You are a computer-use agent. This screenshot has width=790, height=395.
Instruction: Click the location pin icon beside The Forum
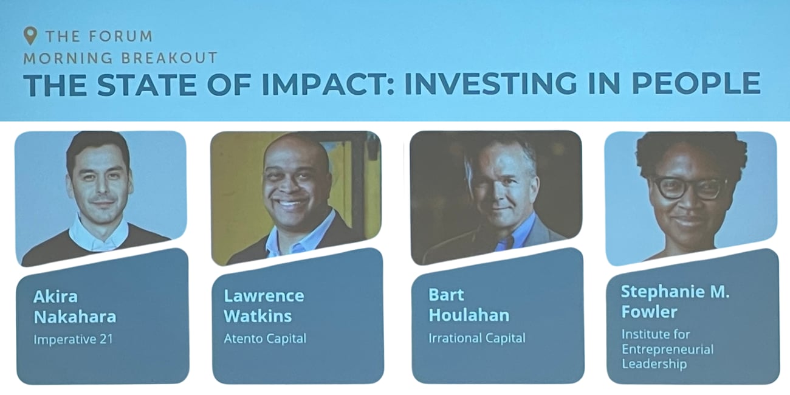(30, 36)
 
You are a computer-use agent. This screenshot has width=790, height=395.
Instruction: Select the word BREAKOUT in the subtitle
(170, 58)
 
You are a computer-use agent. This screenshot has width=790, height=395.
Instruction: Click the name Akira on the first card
(55, 297)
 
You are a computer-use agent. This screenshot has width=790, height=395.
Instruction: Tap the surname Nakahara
(75, 317)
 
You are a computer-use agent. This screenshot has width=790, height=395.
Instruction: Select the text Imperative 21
(73, 339)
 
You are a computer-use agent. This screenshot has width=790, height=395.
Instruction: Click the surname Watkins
(258, 315)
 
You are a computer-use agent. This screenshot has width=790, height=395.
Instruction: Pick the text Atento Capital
(265, 338)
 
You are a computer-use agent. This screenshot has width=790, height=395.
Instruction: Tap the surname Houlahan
(469, 315)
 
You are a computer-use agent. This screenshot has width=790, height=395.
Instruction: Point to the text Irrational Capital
(477, 338)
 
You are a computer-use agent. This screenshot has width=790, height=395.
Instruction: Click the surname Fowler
(649, 312)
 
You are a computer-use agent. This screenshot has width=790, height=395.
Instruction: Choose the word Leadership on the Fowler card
(654, 363)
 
